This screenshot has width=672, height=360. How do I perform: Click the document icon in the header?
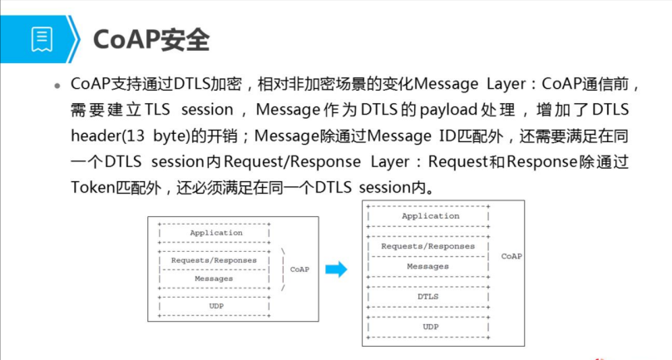coord(42,38)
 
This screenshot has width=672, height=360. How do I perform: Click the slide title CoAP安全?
coord(151,38)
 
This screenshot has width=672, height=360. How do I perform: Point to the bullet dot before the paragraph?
coord(57,86)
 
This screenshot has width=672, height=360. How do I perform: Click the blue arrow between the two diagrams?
coord(335,269)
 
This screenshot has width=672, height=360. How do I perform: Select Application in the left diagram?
coord(216,233)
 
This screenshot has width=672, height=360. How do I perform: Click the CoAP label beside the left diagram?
coord(299,269)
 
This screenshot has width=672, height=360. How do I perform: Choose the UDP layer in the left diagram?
coord(215,306)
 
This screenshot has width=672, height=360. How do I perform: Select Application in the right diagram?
coord(430,216)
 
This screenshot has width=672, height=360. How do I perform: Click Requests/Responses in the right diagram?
coord(427,246)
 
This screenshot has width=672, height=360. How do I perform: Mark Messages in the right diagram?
coord(428,266)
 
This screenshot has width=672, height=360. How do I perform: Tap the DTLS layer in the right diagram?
coord(428,296)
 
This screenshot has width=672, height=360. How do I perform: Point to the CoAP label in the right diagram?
coord(511,256)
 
